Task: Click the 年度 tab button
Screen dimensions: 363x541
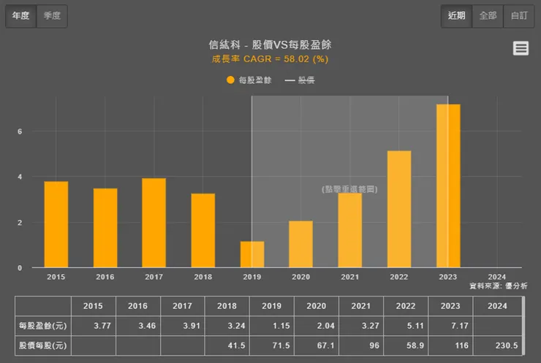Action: pos(20,16)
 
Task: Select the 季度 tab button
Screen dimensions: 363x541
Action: pos(52,16)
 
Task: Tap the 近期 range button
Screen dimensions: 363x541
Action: pos(456,15)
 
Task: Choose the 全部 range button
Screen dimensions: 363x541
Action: pos(488,15)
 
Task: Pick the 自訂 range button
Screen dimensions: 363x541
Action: pos(518,15)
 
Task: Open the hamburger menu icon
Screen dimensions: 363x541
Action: pos(521,48)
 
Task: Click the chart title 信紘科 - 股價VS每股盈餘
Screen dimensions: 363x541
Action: pos(270,45)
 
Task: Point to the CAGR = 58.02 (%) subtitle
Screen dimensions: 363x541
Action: pos(270,58)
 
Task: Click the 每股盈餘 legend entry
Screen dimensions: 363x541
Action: pos(249,80)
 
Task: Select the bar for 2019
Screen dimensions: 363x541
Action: pos(252,254)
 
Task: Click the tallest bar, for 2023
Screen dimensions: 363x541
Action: pos(448,186)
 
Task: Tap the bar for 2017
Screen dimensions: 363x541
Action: pos(154,223)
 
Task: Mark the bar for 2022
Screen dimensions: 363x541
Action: pos(399,209)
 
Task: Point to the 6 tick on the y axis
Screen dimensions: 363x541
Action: pos(20,131)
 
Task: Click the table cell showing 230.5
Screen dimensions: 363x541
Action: pos(496,345)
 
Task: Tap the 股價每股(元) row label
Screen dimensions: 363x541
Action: pos(42,345)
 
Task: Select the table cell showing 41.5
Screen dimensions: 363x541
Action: pos(228,345)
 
